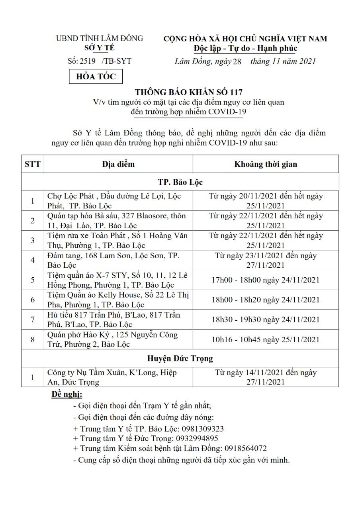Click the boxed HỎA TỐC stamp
tap(96, 76)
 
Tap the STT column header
tap(33, 164)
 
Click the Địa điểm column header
tap(118, 164)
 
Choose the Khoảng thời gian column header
tap(265, 164)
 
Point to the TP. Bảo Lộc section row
tap(180, 182)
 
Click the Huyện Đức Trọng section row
tap(180, 358)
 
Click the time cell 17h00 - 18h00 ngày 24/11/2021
tap(265, 280)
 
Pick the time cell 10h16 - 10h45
tap(265, 339)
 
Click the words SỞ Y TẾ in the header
tap(99, 48)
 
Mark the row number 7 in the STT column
tap(33, 320)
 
